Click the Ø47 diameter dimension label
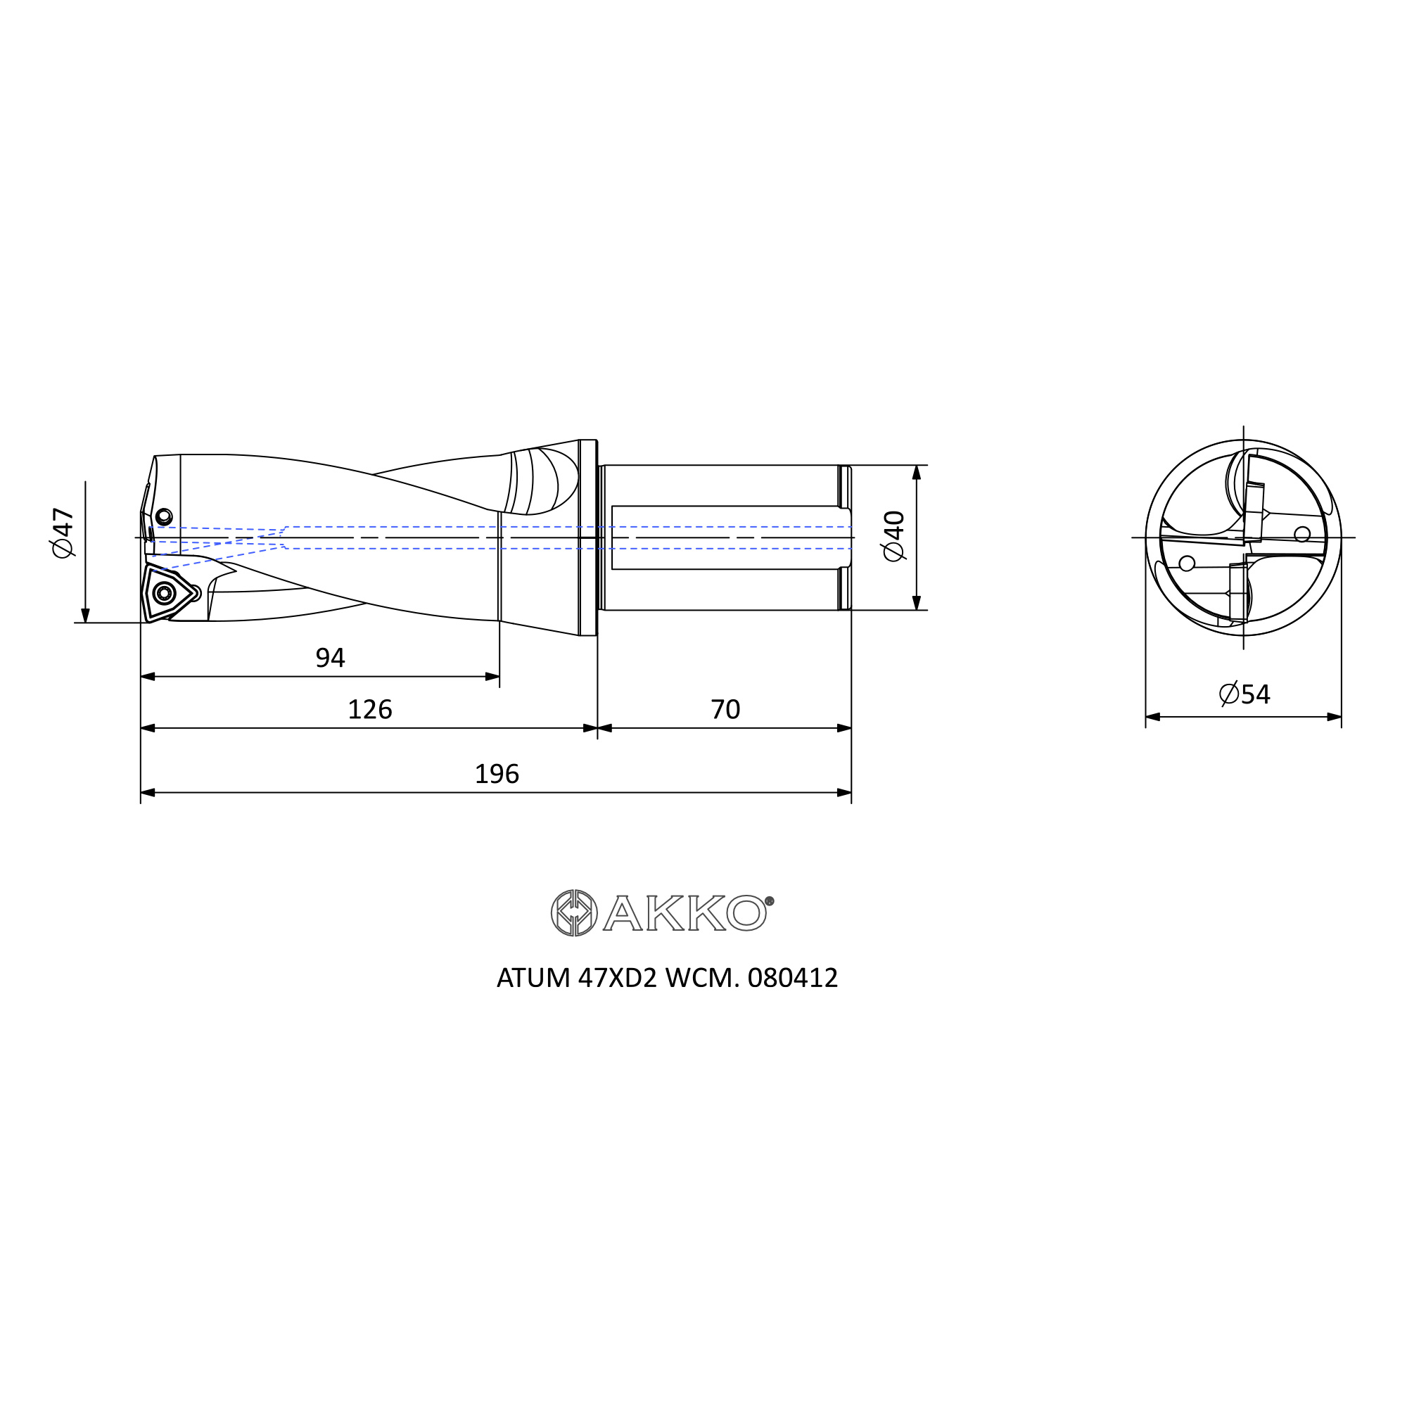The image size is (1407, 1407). [63, 533]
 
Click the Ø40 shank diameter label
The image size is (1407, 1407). [893, 536]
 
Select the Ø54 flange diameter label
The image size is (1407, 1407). [1244, 694]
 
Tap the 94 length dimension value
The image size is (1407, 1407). [330, 658]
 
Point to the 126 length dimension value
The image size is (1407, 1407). [370, 709]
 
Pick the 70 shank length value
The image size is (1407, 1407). [725, 709]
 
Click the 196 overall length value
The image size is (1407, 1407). [497, 773]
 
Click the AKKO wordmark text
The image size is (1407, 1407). [684, 912]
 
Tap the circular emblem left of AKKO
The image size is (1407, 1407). [574, 912]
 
